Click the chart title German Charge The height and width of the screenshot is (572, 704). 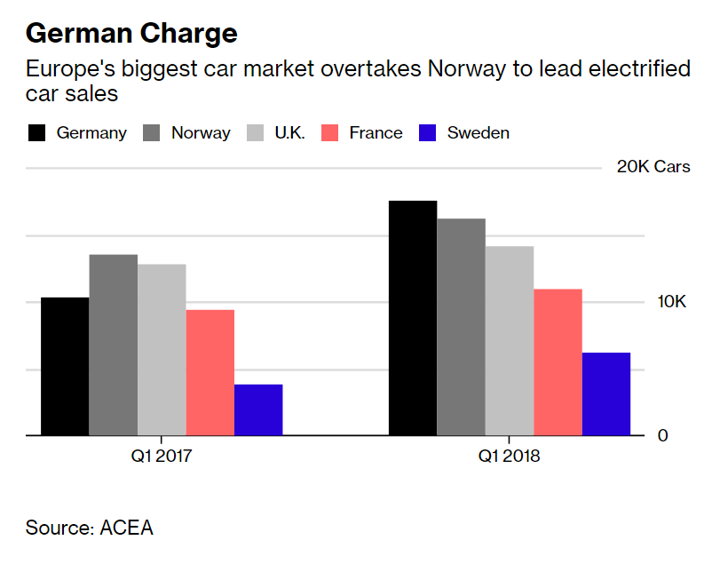(x=131, y=34)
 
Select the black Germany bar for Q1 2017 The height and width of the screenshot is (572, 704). (x=65, y=366)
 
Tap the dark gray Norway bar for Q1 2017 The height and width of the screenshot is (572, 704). (x=113, y=345)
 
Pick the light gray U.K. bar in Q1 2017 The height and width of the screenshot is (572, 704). (x=162, y=349)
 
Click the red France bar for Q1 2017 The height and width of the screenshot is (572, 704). (x=210, y=372)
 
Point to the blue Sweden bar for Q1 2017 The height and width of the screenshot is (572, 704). (x=258, y=409)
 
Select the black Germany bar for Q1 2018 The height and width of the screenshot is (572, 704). (x=413, y=318)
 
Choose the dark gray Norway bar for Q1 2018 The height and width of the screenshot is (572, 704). (x=461, y=327)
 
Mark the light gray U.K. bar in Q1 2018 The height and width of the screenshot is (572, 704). (x=510, y=340)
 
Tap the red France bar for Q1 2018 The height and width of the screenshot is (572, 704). (x=558, y=361)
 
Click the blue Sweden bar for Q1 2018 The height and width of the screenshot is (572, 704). (x=606, y=393)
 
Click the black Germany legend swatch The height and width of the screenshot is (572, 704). (x=36, y=133)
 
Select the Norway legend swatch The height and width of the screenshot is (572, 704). (x=152, y=133)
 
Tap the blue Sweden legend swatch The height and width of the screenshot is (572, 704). (x=428, y=133)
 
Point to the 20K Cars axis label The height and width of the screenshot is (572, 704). (x=653, y=167)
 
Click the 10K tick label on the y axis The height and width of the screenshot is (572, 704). (x=672, y=302)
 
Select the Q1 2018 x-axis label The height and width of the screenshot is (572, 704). (x=510, y=457)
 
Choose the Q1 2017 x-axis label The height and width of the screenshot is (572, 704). (x=161, y=457)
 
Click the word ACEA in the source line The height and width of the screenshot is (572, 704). (x=127, y=528)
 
